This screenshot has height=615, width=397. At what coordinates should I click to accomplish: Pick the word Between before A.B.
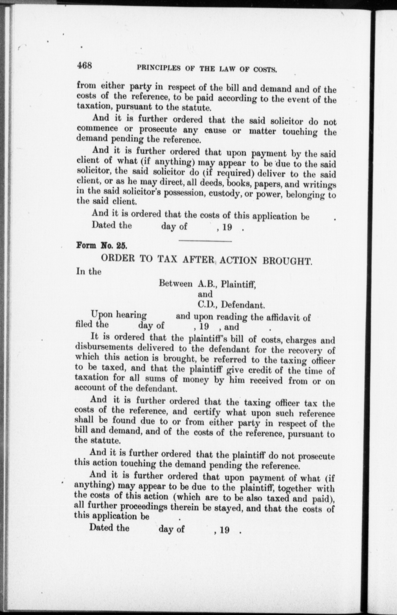[x=176, y=283]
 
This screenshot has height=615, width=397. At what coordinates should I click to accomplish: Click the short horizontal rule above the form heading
[x=205, y=241]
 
